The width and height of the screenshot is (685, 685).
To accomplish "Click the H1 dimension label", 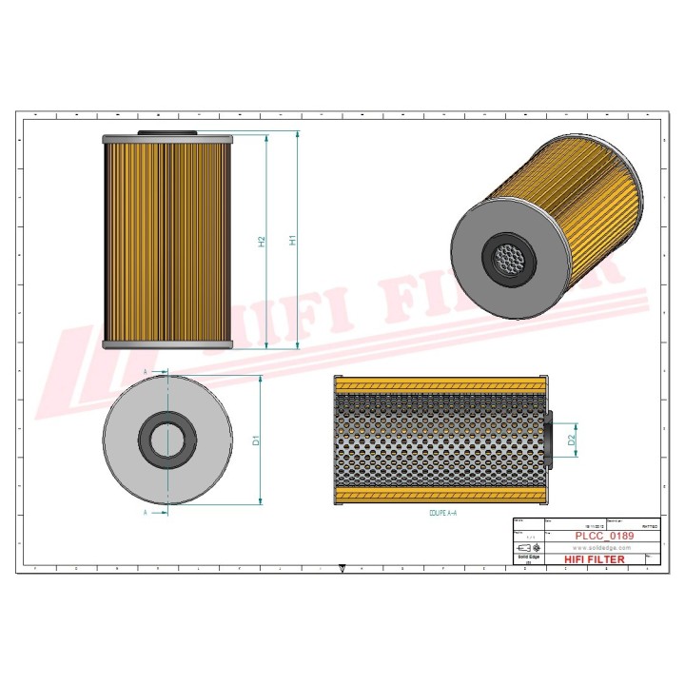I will coord(294,242).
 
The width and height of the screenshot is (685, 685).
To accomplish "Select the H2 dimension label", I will coord(262,242).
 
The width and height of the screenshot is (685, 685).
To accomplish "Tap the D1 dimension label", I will coord(256,440).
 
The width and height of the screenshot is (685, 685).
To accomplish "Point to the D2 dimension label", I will coord(571,440).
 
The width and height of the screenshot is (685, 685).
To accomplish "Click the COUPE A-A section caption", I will coord(439,513).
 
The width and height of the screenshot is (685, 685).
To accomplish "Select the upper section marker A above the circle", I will coord(146,370).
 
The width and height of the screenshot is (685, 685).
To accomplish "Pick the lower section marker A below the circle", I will coord(146,512).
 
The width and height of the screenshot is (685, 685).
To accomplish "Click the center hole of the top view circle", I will coord(168,440).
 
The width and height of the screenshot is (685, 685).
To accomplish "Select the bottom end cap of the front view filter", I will coord(167,343).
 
